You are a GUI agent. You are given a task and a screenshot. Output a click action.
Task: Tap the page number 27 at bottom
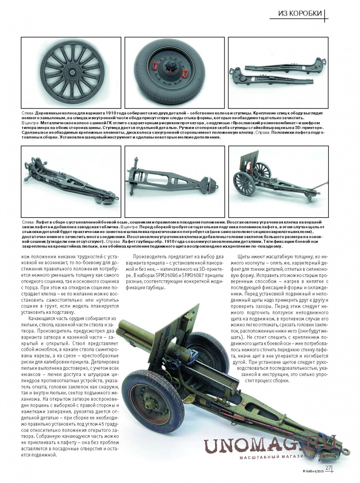[328, 468]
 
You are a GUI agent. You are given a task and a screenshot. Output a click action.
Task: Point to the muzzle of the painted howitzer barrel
[122, 326]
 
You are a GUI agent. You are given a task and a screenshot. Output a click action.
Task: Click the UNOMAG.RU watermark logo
[270, 446]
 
